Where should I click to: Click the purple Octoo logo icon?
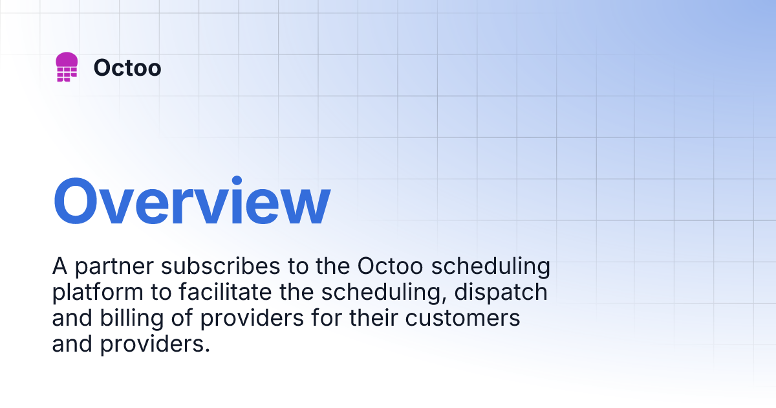point(67,67)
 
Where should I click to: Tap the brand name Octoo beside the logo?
point(127,67)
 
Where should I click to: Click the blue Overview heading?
point(191,202)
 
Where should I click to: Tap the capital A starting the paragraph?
point(59,266)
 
